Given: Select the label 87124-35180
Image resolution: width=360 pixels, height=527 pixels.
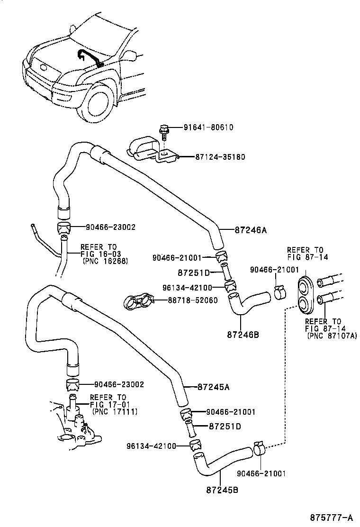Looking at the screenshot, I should tap(220, 157).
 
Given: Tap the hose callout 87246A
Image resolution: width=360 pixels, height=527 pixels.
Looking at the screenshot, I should tap(251, 230).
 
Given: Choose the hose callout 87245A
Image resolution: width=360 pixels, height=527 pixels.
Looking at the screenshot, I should tap(213, 387).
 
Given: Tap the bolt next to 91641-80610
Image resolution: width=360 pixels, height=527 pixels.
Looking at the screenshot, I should tap(164, 130).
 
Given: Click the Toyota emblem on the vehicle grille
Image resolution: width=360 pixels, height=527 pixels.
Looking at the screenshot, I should tap(45, 67).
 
